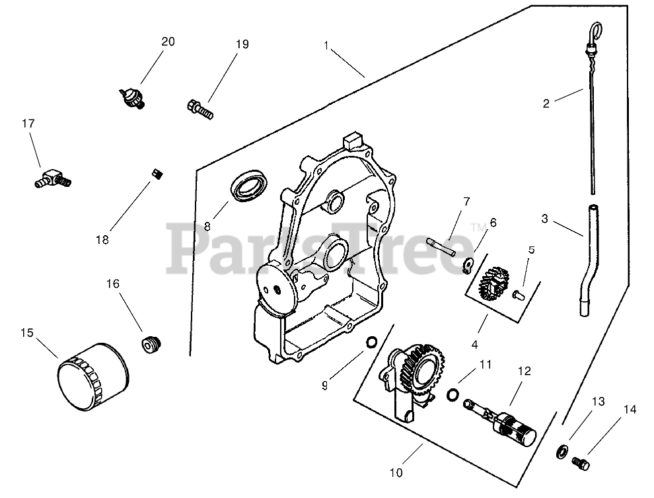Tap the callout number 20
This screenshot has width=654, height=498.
click(168, 42)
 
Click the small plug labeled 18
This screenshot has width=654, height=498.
click(158, 174)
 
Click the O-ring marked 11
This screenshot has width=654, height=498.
click(453, 394)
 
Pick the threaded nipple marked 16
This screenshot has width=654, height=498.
click(152, 344)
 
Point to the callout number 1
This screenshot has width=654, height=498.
click(327, 45)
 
